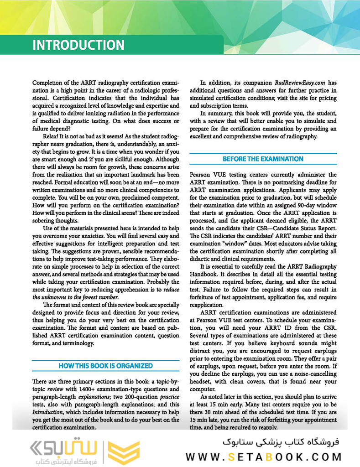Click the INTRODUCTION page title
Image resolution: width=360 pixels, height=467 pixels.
click(x=78, y=45)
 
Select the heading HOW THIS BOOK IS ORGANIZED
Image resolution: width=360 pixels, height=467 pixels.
click(x=106, y=366)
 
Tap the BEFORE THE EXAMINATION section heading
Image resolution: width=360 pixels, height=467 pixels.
click(x=263, y=159)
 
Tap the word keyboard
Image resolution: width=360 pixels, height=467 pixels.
click(x=280, y=343)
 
